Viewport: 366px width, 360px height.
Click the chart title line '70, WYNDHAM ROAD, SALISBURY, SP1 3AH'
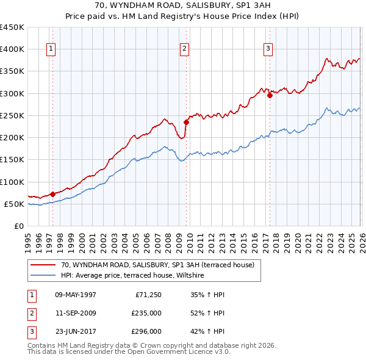click(x=182, y=5)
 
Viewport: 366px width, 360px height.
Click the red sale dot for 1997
click(x=52, y=194)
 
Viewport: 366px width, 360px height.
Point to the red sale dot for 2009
click(x=186, y=121)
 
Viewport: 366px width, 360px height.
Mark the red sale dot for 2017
click(x=270, y=95)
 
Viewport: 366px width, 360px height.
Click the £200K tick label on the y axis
click(x=12, y=138)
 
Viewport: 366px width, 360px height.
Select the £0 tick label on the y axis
click(x=18, y=226)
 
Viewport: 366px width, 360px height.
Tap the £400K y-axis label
click(x=12, y=49)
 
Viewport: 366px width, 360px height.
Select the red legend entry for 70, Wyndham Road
click(x=160, y=265)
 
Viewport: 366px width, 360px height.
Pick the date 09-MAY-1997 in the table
click(x=76, y=295)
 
